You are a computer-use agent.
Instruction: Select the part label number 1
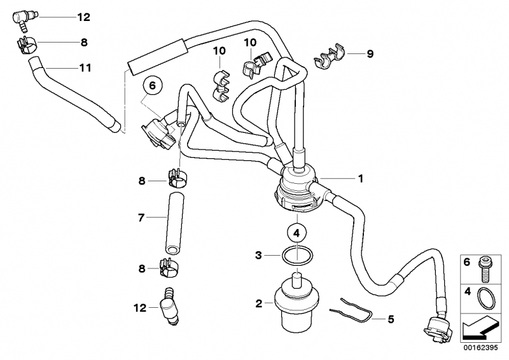[x=360, y=179]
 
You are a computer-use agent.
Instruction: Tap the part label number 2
[x=260, y=303]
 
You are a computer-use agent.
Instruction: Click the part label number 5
[x=391, y=318]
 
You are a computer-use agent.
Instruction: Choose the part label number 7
[x=141, y=218]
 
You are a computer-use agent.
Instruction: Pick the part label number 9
[x=370, y=54]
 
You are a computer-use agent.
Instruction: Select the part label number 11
[x=85, y=67]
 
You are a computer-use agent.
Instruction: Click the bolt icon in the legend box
[x=485, y=268]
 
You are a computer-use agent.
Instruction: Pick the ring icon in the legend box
[x=487, y=297]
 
